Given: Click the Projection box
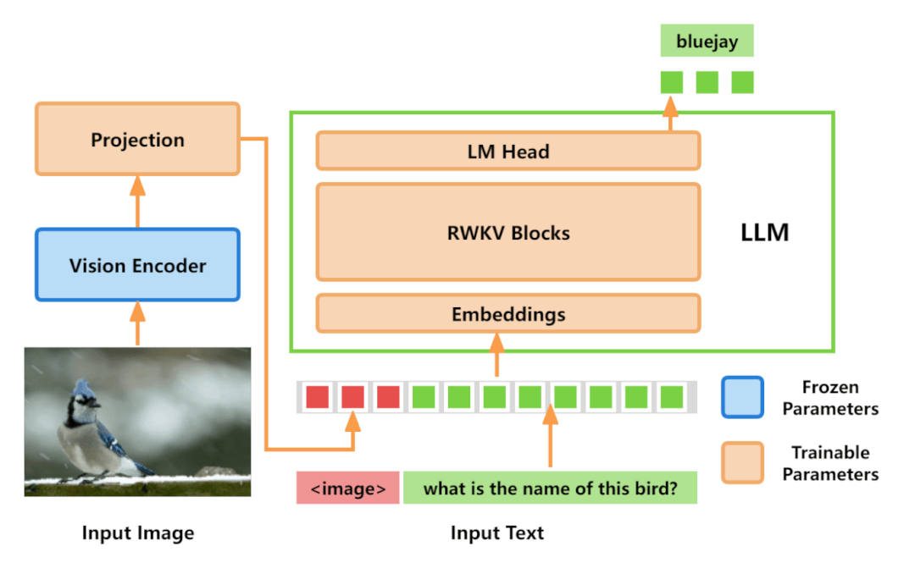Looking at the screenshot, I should [137, 140].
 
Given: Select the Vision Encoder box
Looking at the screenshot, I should [137, 265].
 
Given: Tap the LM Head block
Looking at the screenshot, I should [507, 152].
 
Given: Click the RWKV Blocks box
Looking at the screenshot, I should [507, 232].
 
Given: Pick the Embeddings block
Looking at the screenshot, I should [507, 314].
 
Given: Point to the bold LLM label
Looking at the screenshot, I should [764, 233].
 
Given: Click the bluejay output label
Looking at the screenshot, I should [707, 41].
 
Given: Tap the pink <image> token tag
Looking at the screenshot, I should [347, 488].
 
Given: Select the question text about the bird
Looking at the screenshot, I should [550, 488].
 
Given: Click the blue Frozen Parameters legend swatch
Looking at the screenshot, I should [742, 397].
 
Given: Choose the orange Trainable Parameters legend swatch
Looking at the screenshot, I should [742, 462].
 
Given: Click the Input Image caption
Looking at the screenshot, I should [137, 533].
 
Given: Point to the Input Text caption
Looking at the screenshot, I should [496, 533].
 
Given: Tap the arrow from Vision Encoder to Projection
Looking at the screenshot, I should [137, 201].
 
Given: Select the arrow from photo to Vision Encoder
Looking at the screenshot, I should [137, 323].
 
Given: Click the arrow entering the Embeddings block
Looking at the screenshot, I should [496, 354].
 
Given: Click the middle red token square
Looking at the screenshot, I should [352, 396].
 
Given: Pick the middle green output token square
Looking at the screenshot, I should [707, 82].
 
